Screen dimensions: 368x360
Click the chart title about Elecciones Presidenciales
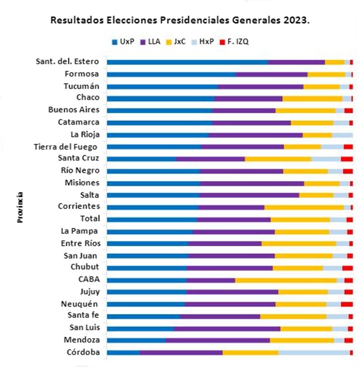[x=180, y=21]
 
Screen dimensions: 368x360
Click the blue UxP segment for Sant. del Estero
[x=187, y=62]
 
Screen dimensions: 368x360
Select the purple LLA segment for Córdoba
[x=181, y=352]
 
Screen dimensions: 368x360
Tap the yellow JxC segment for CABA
[x=286, y=280]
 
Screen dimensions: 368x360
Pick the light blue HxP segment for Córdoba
[x=314, y=352]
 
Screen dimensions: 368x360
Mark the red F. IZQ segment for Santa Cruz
[x=347, y=159]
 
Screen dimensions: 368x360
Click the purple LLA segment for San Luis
[x=227, y=328]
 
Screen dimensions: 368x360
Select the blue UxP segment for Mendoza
[x=136, y=340]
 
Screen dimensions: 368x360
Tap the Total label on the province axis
[x=90, y=219]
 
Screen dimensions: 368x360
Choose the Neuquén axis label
[x=79, y=304]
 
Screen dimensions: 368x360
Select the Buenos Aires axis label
[x=74, y=110]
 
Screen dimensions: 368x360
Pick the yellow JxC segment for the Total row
[x=300, y=219]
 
